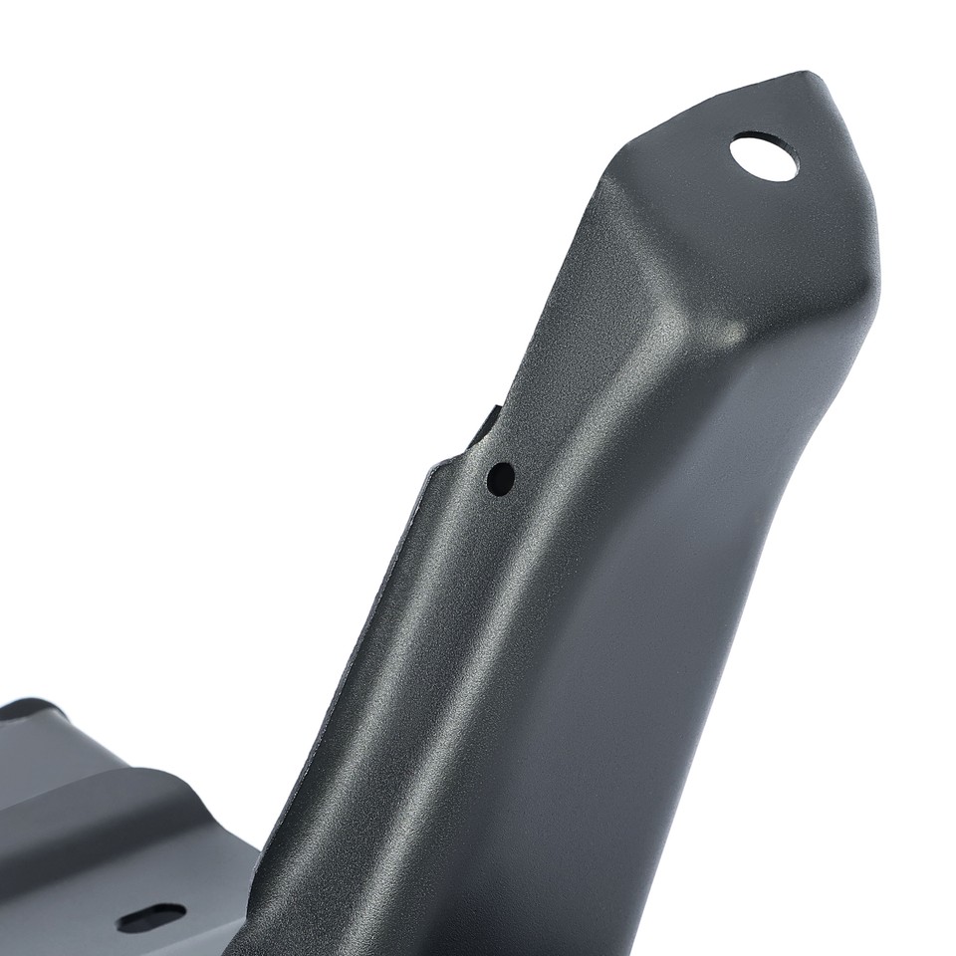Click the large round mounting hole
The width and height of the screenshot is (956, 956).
(764, 156)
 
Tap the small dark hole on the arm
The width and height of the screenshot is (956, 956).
(500, 478)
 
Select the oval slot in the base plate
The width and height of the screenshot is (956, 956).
(151, 917)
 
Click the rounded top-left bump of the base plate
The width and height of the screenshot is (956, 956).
(30, 709)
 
